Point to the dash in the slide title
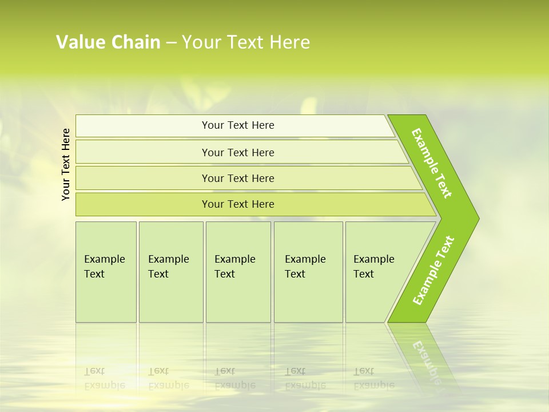[171, 43]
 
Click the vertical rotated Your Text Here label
[66, 164]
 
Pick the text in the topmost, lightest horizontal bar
[238, 125]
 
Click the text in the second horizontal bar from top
[238, 153]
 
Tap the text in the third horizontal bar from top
[238, 179]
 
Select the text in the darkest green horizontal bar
[238, 204]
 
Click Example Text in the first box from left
[104, 267]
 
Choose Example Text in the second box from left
[168, 267]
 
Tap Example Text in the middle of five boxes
[234, 267]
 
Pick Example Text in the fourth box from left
[305, 267]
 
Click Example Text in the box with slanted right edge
[373, 267]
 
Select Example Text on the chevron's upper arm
[432, 163]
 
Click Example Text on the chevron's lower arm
[433, 271]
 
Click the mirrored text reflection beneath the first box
[104, 379]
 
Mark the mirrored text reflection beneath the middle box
[234, 379]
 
